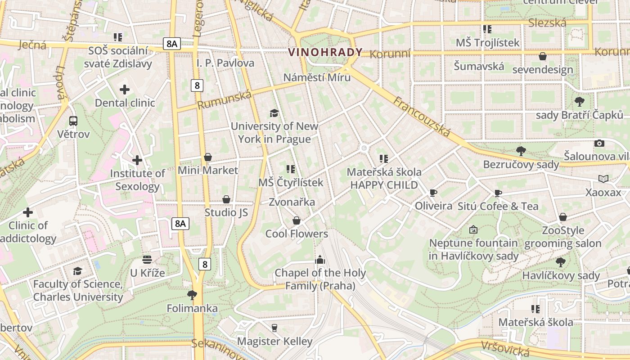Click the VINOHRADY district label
pyautogui.click(x=325, y=52)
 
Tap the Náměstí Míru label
pyautogui.click(x=317, y=77)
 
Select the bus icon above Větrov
pyautogui.click(x=73, y=121)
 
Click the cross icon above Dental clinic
pyautogui.click(x=125, y=90)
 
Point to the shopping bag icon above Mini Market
pyautogui.click(x=207, y=157)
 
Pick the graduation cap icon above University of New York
pyautogui.click(x=274, y=112)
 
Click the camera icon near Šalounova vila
pyautogui.click(x=599, y=143)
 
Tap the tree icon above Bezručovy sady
pyautogui.click(x=521, y=151)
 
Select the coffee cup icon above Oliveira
pyautogui.click(x=433, y=193)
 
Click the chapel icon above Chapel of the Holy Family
pyautogui.click(x=320, y=259)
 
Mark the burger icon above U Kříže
pyautogui.click(x=147, y=259)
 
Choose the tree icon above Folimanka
pyautogui.click(x=192, y=295)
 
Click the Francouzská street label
pyautogui.click(x=422, y=116)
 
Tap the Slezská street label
pyautogui.click(x=547, y=22)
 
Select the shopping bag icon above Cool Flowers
pyautogui.click(x=296, y=220)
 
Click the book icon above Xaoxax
pyautogui.click(x=603, y=179)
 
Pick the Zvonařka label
pyautogui.click(x=292, y=202)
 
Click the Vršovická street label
pyautogui.click(x=505, y=348)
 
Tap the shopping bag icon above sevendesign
pyautogui.click(x=543, y=56)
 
